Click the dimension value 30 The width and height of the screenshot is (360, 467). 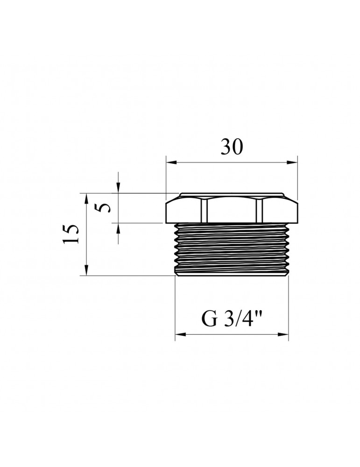pyautogui.click(x=232, y=147)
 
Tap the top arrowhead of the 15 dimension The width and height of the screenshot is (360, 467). pyautogui.click(x=86, y=198)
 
